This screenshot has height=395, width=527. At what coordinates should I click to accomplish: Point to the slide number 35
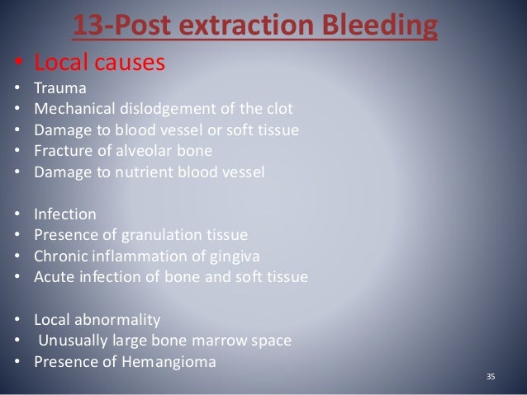click(491, 377)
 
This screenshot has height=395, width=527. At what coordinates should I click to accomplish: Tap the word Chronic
click(60, 256)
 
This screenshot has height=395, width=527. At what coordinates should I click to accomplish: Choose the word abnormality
click(120, 318)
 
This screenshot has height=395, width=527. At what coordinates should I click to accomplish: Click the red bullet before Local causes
click(17, 63)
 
